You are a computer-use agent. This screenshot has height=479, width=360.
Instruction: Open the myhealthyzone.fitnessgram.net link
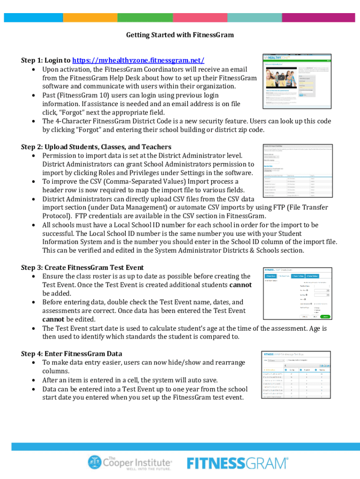[x=138, y=60]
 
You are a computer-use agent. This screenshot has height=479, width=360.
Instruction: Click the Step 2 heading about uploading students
[x=96, y=147]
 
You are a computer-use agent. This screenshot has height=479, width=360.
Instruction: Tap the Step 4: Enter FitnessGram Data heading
[x=72, y=354]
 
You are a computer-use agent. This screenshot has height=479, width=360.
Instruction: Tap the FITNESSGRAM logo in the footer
[x=238, y=463]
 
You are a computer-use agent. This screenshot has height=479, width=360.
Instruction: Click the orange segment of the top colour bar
[x=90, y=17]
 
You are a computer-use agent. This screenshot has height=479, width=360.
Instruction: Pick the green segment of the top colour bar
[x=145, y=17]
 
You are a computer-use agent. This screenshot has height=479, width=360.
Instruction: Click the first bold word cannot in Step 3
[x=240, y=285]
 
